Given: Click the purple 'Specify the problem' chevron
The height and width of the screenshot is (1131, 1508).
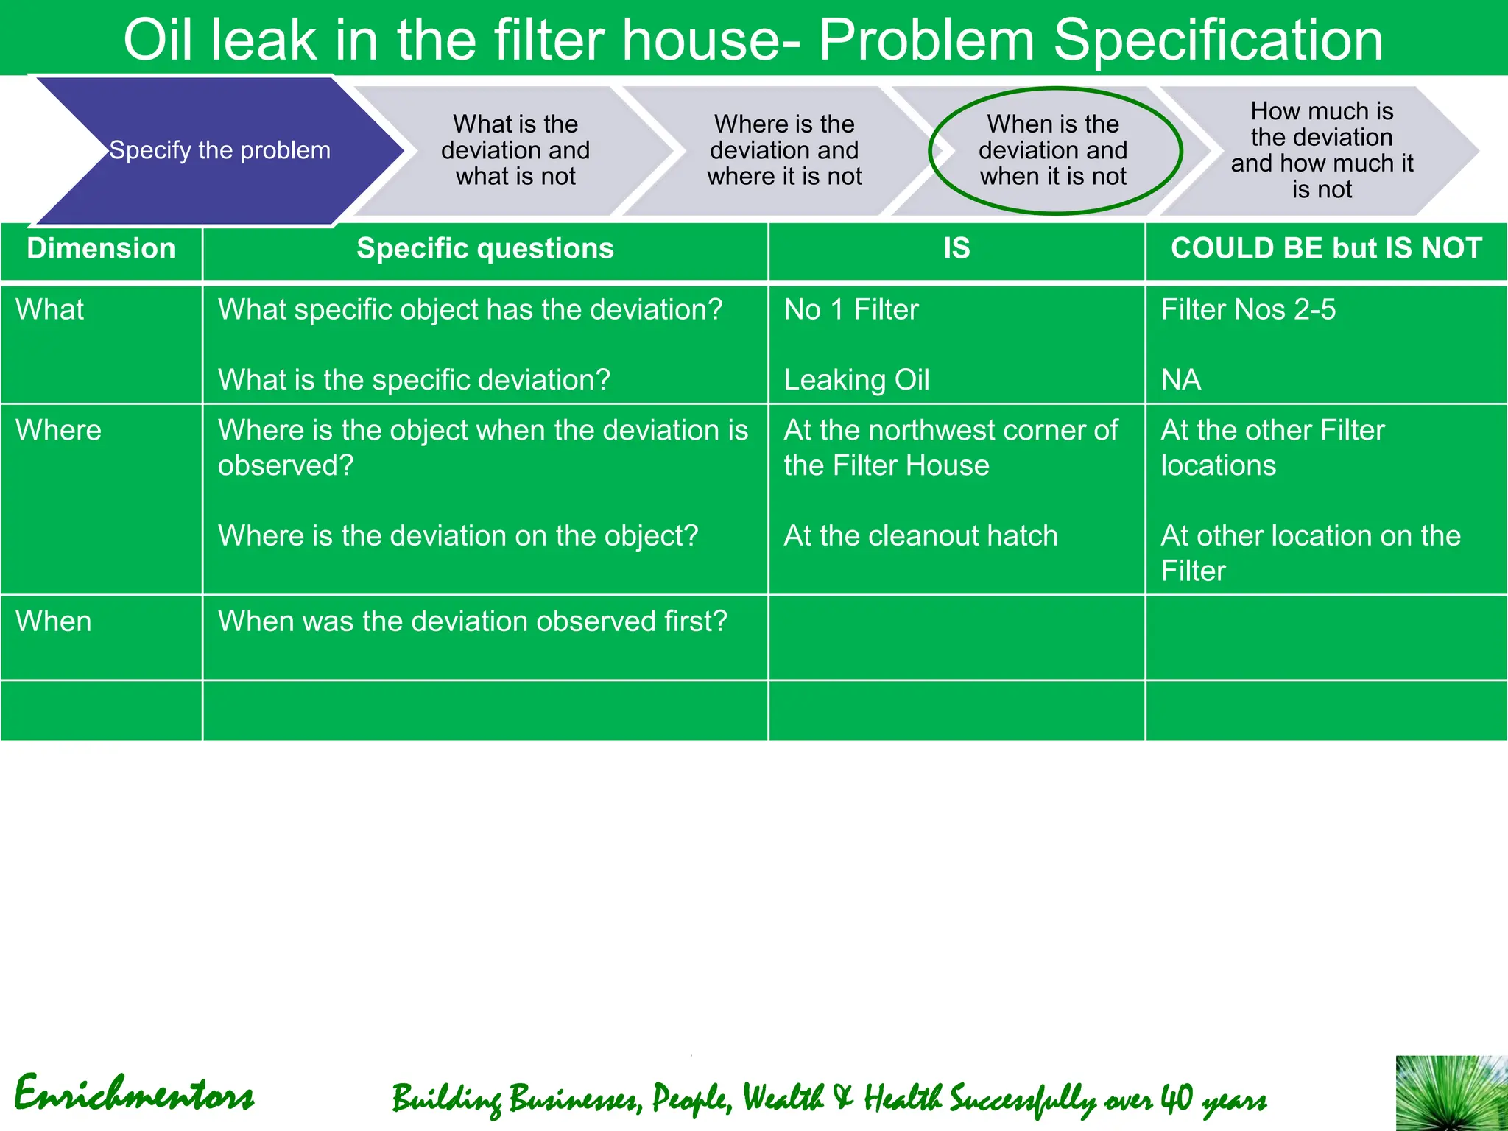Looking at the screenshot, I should tap(219, 150).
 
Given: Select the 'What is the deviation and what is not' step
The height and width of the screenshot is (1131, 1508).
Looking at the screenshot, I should tap(515, 150).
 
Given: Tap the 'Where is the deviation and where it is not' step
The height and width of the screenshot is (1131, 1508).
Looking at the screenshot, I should tap(784, 150).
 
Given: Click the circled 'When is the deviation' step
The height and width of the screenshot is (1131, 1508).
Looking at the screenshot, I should tap(1053, 150).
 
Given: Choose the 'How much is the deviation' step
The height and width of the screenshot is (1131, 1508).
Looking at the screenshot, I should tap(1322, 150).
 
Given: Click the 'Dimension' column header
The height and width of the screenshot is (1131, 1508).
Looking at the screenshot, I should tap(101, 249).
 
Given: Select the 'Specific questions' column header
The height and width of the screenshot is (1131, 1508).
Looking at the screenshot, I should tap(485, 249).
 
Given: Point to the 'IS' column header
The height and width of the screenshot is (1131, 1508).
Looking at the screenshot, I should tap(956, 249).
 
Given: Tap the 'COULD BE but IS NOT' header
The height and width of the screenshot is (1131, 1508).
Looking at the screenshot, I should tap(1326, 249).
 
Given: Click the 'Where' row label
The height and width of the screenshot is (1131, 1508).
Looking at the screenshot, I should tap(58, 430).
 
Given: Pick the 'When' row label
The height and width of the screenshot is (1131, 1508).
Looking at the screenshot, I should tap(54, 621).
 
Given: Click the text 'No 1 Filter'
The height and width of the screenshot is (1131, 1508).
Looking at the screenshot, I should tap(851, 310).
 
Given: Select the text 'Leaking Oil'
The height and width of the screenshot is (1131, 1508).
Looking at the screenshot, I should tap(856, 380).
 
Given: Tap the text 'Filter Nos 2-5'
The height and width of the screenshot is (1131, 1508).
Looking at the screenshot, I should tap(1248, 310).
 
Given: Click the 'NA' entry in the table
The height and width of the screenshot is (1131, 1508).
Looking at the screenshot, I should tap(1181, 380).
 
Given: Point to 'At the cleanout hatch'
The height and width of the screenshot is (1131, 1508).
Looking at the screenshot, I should tap(920, 536).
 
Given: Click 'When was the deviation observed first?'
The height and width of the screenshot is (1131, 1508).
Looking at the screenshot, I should tap(472, 621).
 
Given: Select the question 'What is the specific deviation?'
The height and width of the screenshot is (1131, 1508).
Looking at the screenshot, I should tap(414, 380).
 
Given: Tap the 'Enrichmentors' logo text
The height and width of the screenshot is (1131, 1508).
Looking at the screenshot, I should tap(134, 1094).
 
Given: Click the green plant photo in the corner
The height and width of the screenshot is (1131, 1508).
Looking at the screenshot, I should tap(1451, 1093).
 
